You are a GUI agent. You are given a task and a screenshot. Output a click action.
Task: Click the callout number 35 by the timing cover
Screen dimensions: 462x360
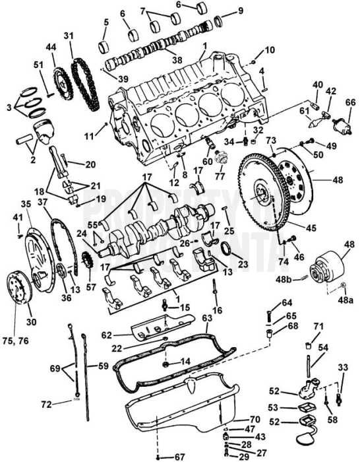pos(26,205)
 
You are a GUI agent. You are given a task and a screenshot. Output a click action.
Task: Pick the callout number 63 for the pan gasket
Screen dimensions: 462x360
pos(207,318)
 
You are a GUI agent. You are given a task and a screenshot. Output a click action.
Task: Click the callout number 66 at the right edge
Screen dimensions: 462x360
pos(350,102)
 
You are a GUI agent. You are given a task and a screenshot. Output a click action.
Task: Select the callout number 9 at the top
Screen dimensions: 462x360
pos(240,10)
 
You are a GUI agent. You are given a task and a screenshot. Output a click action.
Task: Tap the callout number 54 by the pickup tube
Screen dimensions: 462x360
pos(323,347)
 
